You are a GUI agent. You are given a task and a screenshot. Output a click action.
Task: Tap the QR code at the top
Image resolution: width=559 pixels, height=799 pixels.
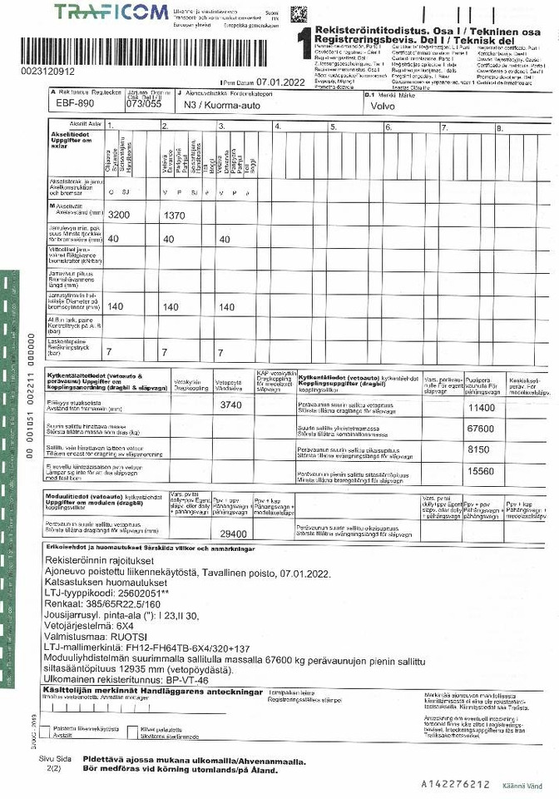pyautogui.click(x=298, y=14)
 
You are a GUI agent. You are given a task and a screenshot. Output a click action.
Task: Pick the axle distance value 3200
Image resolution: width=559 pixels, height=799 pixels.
pyautogui.click(x=120, y=215)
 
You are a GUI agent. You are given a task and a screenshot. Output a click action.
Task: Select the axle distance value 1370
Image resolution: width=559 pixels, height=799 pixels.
pyautogui.click(x=173, y=215)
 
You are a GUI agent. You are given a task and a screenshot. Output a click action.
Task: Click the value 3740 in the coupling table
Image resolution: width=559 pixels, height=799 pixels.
pyautogui.click(x=230, y=405)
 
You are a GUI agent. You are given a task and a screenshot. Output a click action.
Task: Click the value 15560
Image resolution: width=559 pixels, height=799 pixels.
pyautogui.click(x=481, y=471)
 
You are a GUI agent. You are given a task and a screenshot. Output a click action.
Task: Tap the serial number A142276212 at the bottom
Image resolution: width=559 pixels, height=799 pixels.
pyautogui.click(x=455, y=784)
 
